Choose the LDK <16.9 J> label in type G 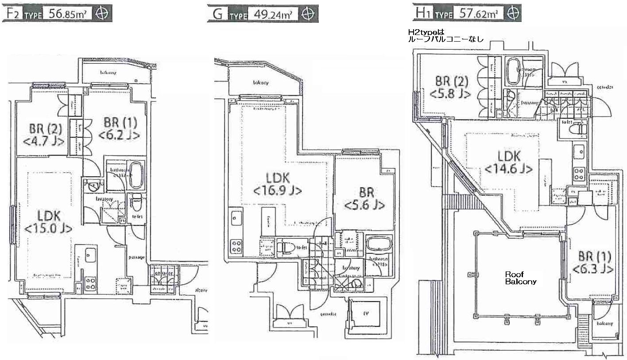coord(278,184)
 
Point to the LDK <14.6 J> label coord(508,162)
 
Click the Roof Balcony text coord(521,278)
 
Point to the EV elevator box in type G coord(366,314)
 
